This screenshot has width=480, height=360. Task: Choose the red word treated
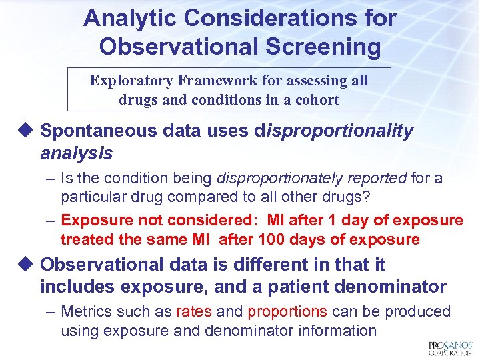[x=85, y=239]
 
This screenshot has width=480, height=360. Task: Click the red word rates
[x=194, y=311]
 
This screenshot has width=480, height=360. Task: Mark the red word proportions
[x=287, y=311]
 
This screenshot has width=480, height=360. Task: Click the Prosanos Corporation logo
[x=449, y=347]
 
